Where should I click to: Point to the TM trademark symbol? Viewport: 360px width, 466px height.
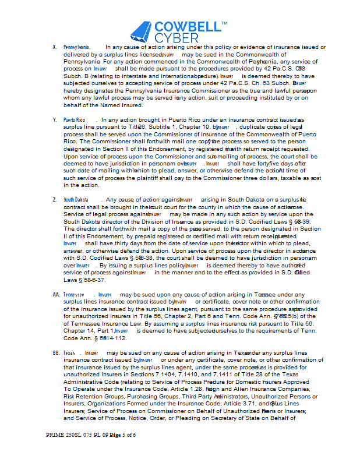224,24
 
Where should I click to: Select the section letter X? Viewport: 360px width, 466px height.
54,47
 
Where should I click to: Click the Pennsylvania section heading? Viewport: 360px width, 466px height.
76,47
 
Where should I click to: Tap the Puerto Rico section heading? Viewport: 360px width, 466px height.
74,119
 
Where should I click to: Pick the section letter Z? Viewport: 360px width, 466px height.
54,200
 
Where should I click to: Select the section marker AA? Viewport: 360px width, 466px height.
56,295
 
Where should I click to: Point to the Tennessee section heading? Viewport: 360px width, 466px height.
74,295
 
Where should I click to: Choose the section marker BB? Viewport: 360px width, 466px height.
56,353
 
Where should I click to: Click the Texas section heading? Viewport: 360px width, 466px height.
69,353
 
